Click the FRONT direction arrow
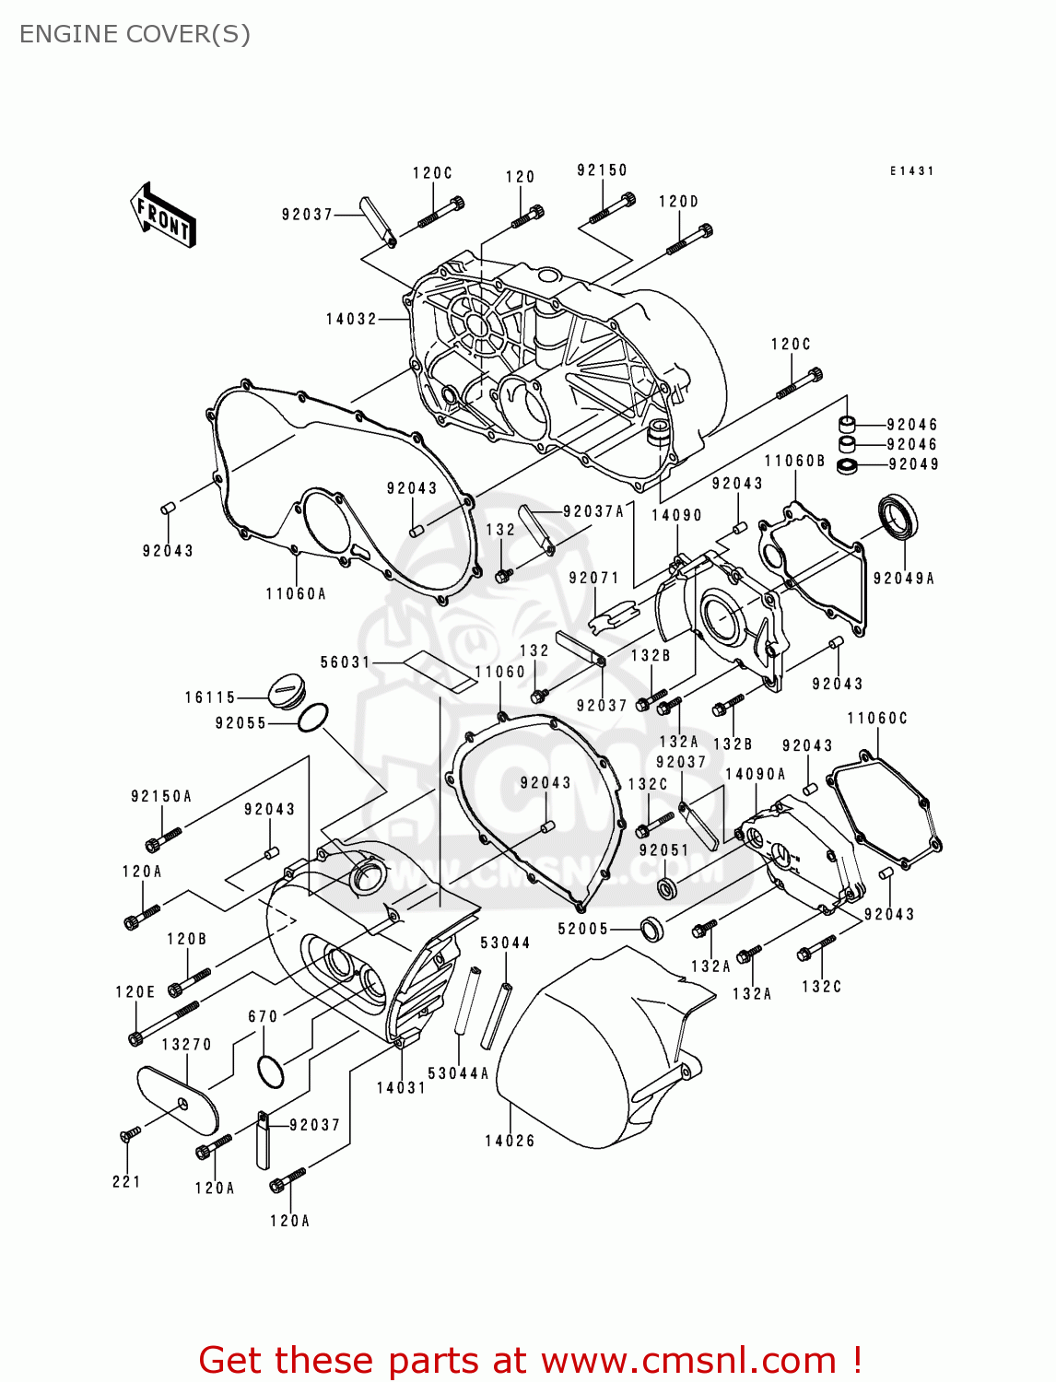[x=163, y=216]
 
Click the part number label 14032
[x=351, y=320]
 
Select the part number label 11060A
[x=296, y=594]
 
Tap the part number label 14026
[x=510, y=1141]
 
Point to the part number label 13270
[x=186, y=1044]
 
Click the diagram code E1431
[x=911, y=171]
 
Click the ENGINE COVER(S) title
[x=135, y=34]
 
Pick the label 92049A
[x=903, y=579]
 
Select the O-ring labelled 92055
[x=312, y=719]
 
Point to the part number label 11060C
[x=877, y=719]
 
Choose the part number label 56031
[x=345, y=662]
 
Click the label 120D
[x=678, y=202]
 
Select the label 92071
[x=593, y=578]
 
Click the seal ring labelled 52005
[x=652, y=930]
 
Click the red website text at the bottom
[x=530, y=1360]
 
